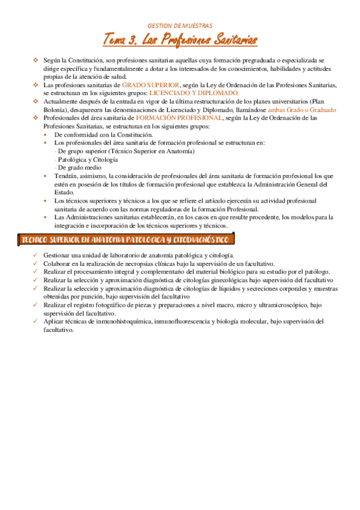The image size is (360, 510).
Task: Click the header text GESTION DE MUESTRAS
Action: [x=180, y=26]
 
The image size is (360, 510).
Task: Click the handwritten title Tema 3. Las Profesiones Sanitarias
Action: [x=180, y=40]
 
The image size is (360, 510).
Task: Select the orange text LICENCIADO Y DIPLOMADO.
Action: [x=194, y=93]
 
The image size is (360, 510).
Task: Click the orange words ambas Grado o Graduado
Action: [x=302, y=110]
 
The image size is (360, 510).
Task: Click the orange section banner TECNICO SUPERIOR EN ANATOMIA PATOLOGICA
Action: [x=125, y=240]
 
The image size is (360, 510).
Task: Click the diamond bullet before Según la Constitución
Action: [x=36, y=61]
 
